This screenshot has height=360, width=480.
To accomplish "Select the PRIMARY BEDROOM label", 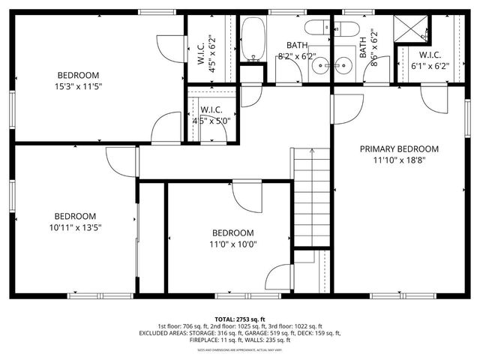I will click(399, 148).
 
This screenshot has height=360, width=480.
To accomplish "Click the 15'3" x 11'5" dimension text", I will click(78, 86).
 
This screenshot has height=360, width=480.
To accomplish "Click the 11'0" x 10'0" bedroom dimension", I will click(232, 244).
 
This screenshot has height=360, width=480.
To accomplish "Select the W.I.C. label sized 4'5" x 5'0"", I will click(211, 115).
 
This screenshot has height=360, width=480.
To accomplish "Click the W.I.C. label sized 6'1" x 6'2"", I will click(430, 59).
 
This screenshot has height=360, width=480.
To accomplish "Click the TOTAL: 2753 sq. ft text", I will click(239, 319).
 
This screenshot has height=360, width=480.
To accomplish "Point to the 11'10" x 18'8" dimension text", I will click(399, 160).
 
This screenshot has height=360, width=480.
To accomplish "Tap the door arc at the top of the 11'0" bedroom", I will click(247, 196).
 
